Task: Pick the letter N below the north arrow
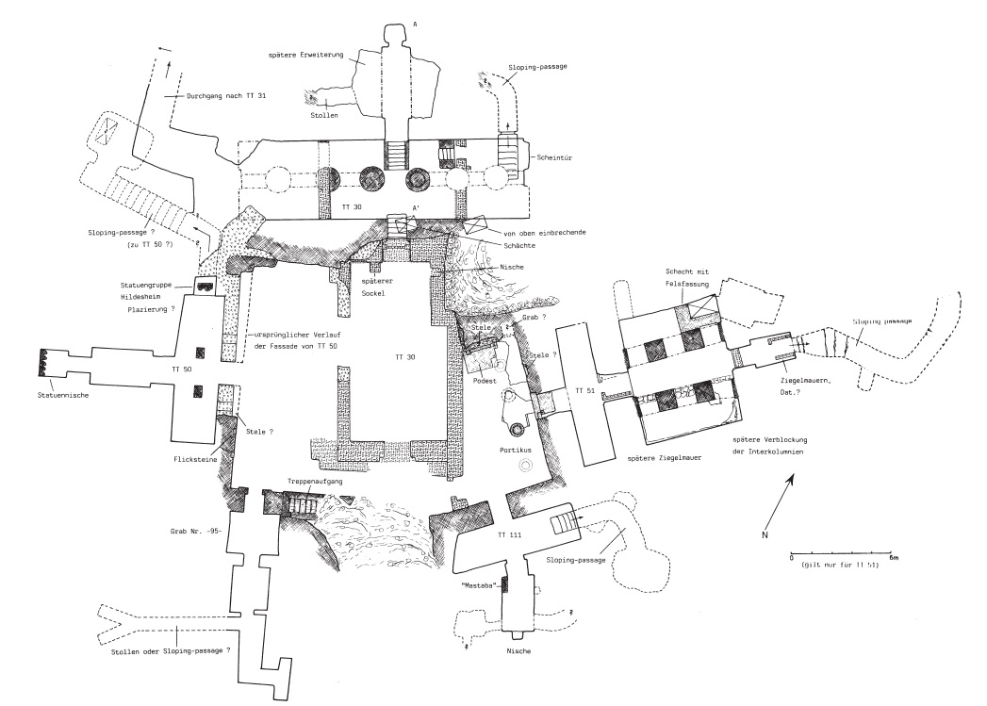tap(765, 534)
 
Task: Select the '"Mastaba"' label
tap(479, 585)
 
